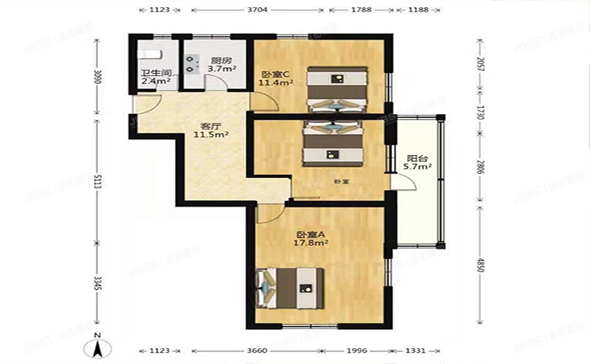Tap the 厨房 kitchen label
coord(221,60)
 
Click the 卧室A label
coord(312,235)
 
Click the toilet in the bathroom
coord(149,53)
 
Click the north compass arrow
coord(97,345)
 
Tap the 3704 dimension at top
coord(258,10)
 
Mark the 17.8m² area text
coord(312,243)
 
